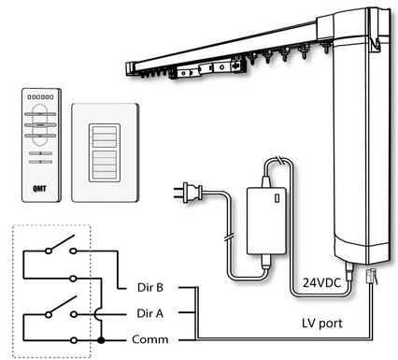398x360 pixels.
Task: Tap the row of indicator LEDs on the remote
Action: coord(40,96)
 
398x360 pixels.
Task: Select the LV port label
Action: coord(320,323)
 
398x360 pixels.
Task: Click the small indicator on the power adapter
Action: coord(279,199)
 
